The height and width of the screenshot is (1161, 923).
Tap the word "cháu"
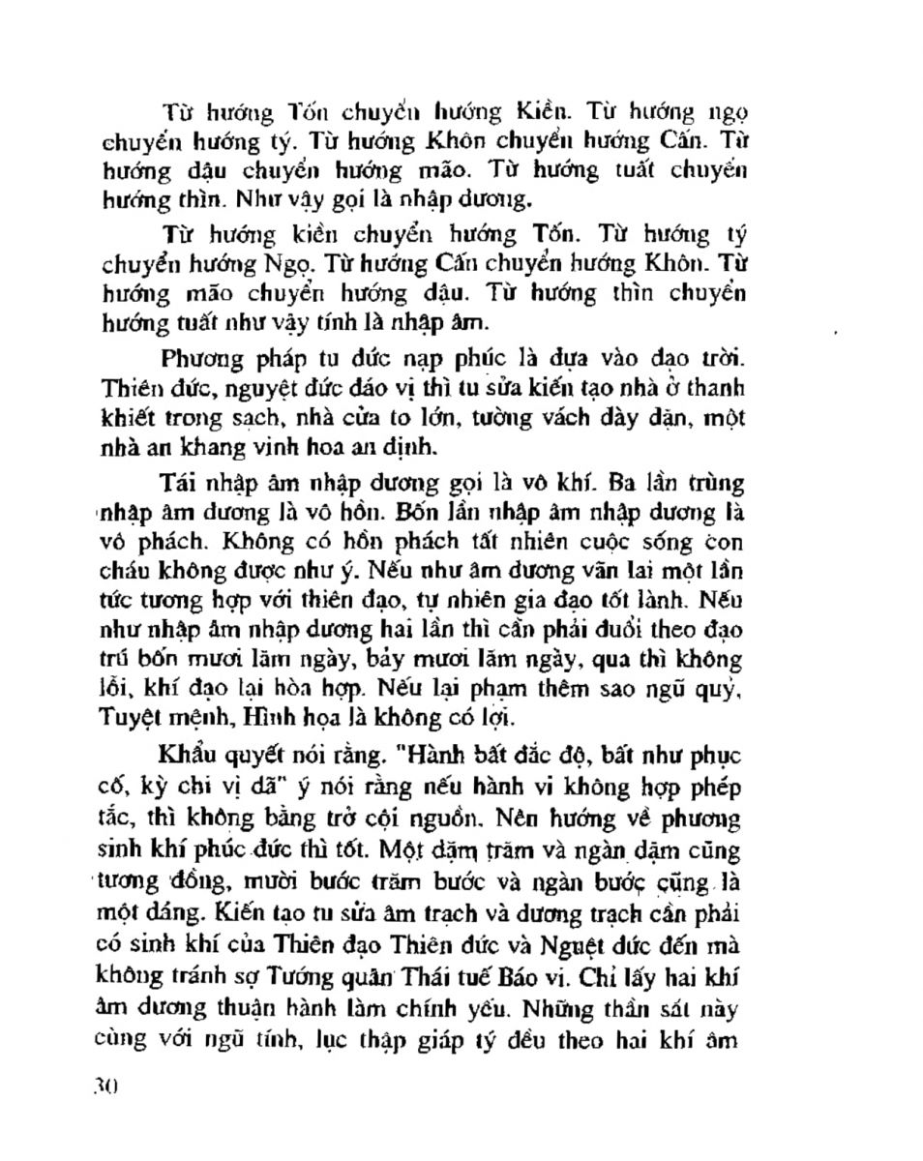(127, 573)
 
